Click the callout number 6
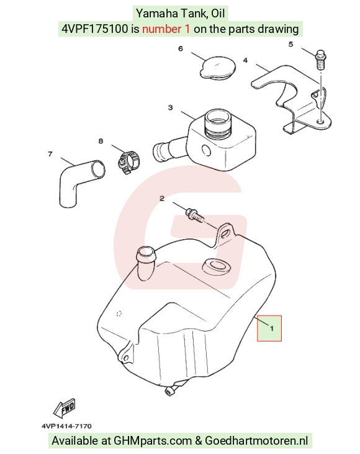(x=181, y=48)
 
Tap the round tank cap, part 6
(x=218, y=68)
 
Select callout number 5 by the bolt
(x=291, y=44)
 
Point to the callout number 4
(x=245, y=60)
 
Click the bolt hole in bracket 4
(x=320, y=120)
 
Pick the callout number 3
(x=171, y=107)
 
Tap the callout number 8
(x=101, y=142)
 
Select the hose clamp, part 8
(x=128, y=163)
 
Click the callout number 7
(x=50, y=154)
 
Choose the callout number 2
(x=162, y=198)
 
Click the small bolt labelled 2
(x=195, y=215)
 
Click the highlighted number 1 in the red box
(x=272, y=329)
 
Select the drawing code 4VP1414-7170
(x=66, y=426)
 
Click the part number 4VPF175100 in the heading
(x=94, y=29)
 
